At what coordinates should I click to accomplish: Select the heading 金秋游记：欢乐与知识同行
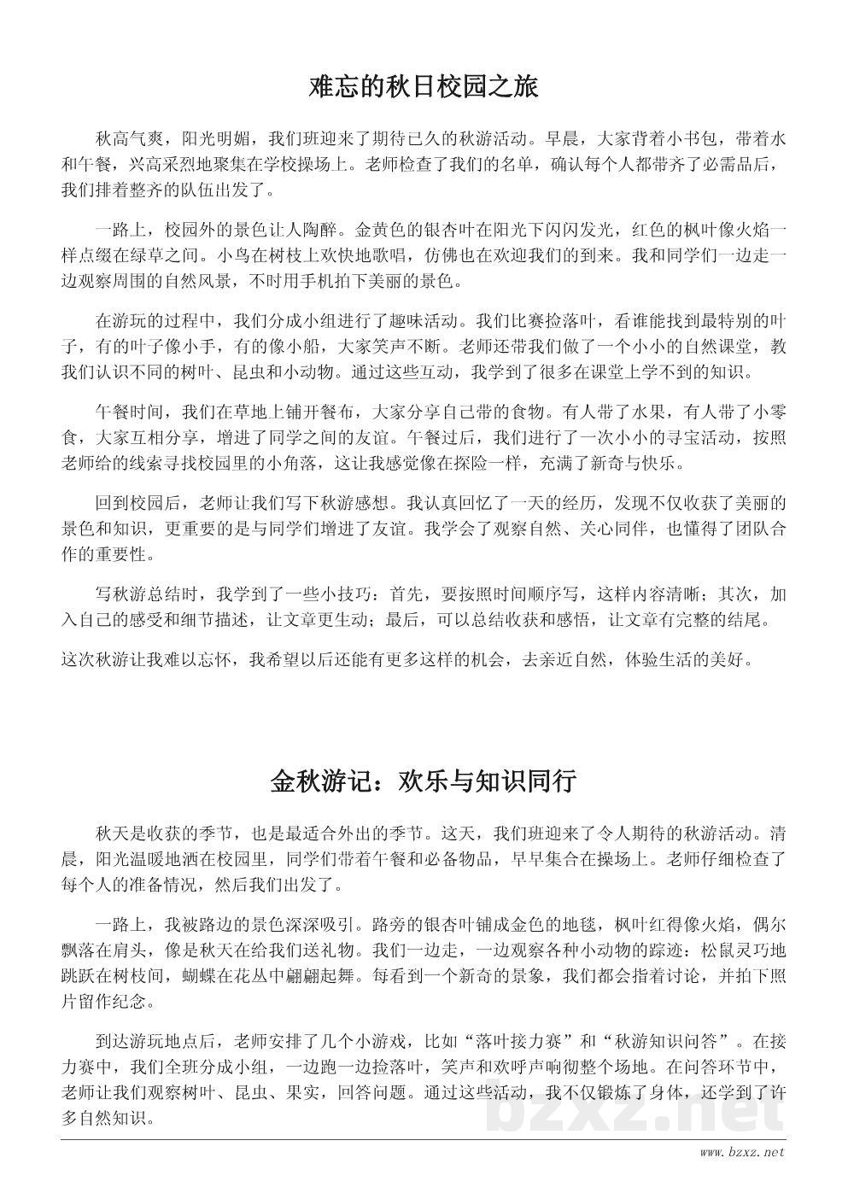pyautogui.click(x=424, y=781)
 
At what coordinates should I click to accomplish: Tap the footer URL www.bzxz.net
pyautogui.click(x=741, y=1152)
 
